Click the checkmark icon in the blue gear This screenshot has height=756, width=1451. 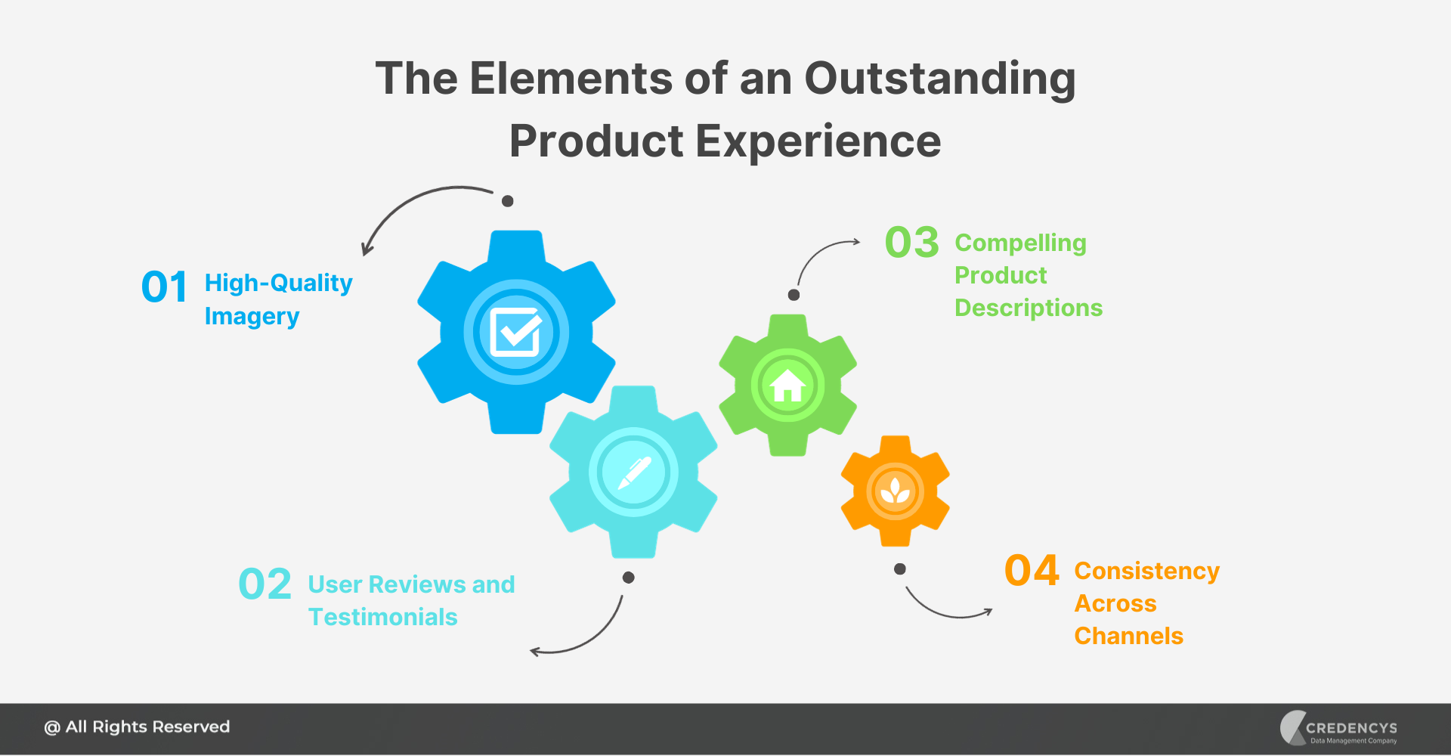coord(516,332)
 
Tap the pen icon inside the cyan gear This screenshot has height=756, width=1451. coord(633,472)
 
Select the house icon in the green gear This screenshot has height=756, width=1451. coord(787,386)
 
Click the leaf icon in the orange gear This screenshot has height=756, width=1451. coord(896,491)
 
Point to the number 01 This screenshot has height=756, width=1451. coord(164,287)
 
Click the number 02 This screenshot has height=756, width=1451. coord(265,584)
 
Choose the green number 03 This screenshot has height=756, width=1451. coord(911,243)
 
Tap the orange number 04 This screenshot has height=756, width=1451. coord(1032,571)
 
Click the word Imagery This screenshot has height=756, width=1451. coord(252,316)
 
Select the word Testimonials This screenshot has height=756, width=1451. coord(382,617)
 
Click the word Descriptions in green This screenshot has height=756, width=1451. coord(1028,308)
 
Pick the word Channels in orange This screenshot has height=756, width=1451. coord(1128,636)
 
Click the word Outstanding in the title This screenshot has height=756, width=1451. coord(939,79)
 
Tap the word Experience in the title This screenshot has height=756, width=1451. coord(818,141)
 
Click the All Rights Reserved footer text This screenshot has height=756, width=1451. coord(138,727)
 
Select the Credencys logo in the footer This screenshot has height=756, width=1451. coord(1338,728)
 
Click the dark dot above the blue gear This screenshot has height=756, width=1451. coord(508,201)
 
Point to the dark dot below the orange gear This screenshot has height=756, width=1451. coord(899,569)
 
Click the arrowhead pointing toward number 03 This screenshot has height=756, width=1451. coord(856,242)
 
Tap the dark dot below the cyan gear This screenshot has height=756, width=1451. coord(628,578)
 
